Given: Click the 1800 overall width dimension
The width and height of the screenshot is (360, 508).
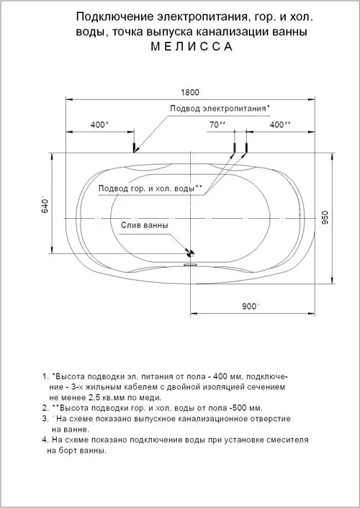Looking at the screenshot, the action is [190, 92].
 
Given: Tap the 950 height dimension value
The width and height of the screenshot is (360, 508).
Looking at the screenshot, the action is [325, 217].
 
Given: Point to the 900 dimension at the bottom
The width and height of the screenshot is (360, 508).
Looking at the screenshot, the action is [249, 307].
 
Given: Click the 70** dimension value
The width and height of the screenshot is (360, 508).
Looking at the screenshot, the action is [217, 124].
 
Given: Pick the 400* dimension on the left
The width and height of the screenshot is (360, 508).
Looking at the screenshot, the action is [99, 124].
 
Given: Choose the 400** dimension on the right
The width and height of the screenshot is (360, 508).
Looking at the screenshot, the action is [280, 124].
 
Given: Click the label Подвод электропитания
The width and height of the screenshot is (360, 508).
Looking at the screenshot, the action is [220, 109].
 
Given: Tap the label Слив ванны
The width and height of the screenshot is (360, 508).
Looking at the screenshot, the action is [145, 225].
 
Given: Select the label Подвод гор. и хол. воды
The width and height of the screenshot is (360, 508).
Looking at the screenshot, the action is [150, 189].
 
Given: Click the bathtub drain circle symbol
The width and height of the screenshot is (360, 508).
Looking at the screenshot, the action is [190, 254].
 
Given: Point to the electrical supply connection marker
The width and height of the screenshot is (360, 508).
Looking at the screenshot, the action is [133, 147].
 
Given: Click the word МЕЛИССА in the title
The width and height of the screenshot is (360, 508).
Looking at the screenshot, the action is [192, 47].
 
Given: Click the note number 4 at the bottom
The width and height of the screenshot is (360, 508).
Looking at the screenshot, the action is [45, 440].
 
